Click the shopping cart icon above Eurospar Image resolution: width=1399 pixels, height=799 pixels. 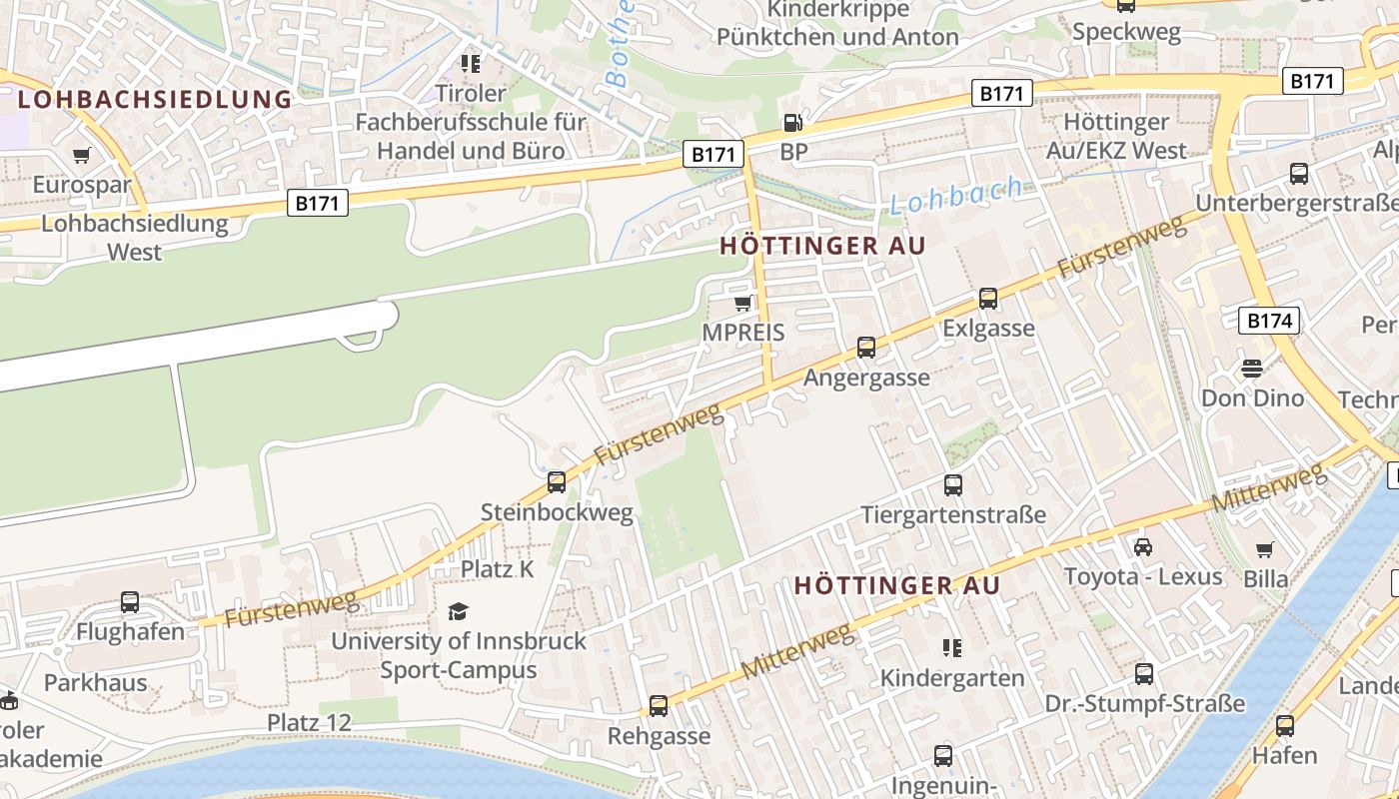82,156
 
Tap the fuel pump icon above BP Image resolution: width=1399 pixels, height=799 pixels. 792,123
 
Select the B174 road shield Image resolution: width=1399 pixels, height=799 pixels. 1270,321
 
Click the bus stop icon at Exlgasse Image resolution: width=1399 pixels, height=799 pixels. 988,298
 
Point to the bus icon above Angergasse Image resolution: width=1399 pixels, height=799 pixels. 866,348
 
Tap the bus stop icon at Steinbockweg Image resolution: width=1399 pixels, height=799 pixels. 557,482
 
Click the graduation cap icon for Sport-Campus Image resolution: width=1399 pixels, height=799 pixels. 458,610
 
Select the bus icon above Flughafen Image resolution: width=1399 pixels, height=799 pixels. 130,602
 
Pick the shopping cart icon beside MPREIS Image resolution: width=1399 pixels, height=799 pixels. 742,303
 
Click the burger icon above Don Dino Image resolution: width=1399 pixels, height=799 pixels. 1252,368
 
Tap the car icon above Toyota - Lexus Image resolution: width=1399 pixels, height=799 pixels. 1143,546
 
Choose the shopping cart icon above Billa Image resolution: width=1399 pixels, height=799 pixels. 1265,549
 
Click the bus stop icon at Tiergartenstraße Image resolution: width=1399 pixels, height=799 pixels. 953,485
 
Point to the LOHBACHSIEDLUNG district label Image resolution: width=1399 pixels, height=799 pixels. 155,99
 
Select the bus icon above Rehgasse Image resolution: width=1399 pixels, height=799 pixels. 659,706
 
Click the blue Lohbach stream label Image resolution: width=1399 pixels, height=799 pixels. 956,195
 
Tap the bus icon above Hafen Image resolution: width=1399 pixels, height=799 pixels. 1285,726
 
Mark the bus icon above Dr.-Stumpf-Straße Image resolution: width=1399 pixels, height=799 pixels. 1144,674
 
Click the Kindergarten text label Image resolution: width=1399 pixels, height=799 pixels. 952,678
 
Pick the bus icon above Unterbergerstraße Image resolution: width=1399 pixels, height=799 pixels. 1299,174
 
